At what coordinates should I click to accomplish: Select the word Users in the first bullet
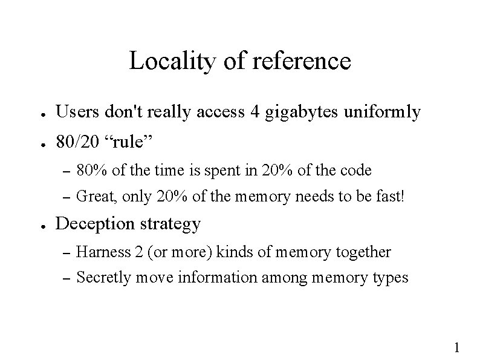coord(76,112)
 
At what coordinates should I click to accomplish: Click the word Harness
coord(100,252)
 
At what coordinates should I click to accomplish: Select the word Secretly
coord(101,278)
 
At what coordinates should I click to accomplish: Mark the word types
coord(392,279)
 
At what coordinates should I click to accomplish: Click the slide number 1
coord(457,347)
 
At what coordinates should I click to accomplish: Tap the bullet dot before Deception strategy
coord(37,226)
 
